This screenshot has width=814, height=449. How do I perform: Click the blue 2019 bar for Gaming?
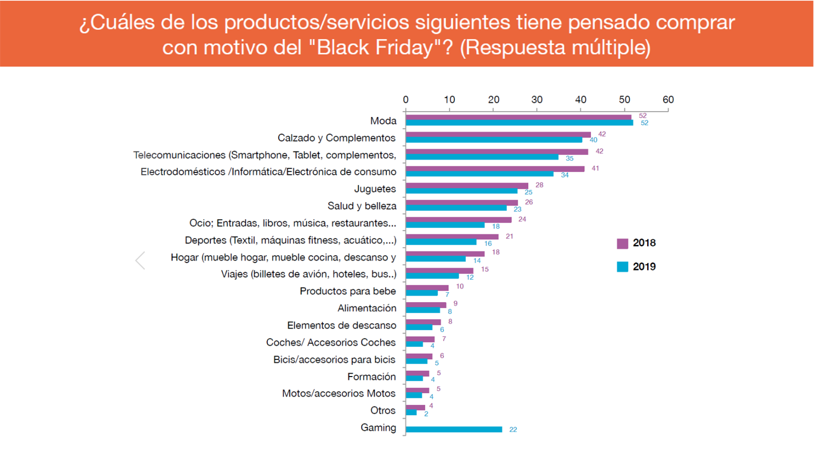pos(453,429)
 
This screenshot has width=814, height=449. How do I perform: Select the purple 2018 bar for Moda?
pos(518,117)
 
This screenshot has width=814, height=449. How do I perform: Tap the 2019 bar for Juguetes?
pos(461,191)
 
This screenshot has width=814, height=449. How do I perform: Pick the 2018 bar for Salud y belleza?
pos(461,203)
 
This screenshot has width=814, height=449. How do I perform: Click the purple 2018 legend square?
pos(623,243)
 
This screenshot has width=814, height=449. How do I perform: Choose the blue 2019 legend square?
pos(623,267)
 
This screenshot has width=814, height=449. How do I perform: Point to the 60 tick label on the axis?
pos(668,99)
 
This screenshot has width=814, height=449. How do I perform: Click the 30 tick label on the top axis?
pos(537,99)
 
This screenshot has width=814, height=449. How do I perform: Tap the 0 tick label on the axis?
pos(406,99)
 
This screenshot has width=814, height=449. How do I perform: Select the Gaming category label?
pos(378,428)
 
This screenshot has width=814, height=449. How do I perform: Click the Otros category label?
pos(383,410)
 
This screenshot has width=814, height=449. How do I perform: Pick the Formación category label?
pos(371,376)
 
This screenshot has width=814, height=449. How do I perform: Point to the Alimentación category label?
pos(367,308)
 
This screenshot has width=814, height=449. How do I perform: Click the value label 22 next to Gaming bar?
pos(513,429)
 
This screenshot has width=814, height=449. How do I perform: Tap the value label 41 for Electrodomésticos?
pos(595,168)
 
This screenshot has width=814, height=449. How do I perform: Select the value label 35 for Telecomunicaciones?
pos(570,158)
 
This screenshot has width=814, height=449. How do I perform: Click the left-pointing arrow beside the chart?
pos(140,260)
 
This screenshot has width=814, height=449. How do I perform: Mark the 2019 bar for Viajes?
pos(432,276)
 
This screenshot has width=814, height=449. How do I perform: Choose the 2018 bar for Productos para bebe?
pos(427,288)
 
